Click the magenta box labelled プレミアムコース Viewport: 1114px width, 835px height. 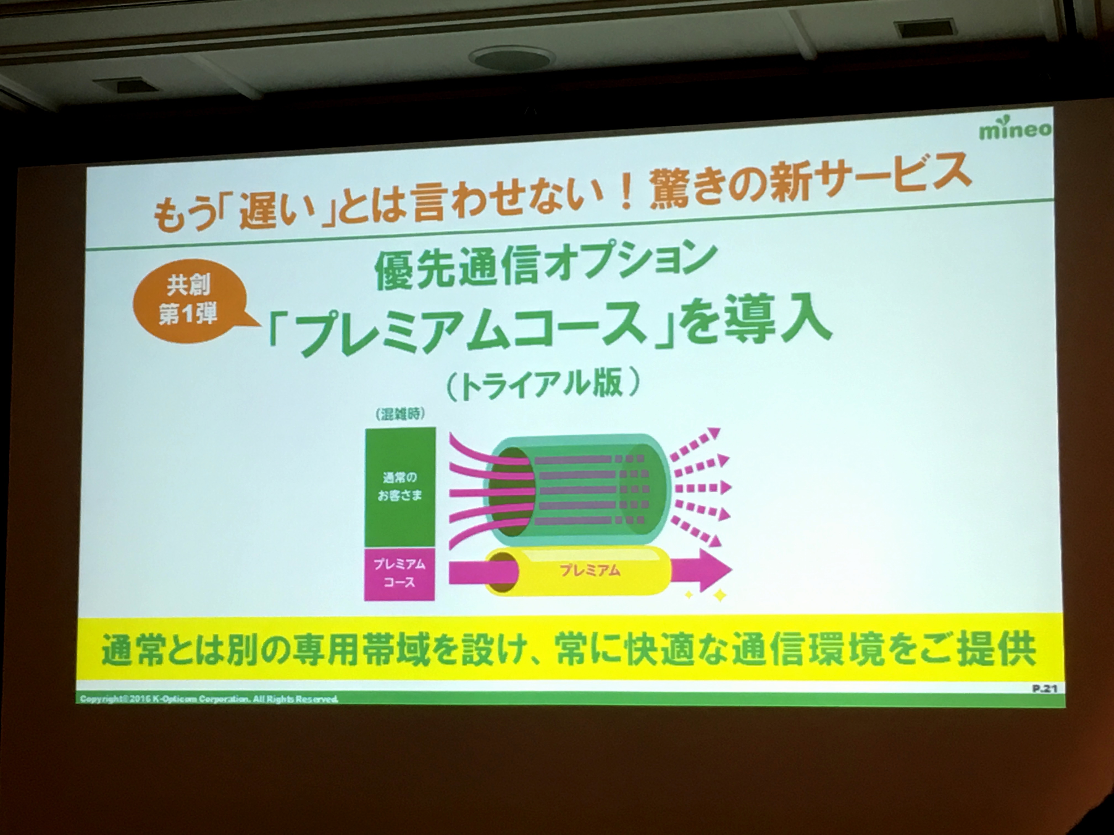pos(399,574)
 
